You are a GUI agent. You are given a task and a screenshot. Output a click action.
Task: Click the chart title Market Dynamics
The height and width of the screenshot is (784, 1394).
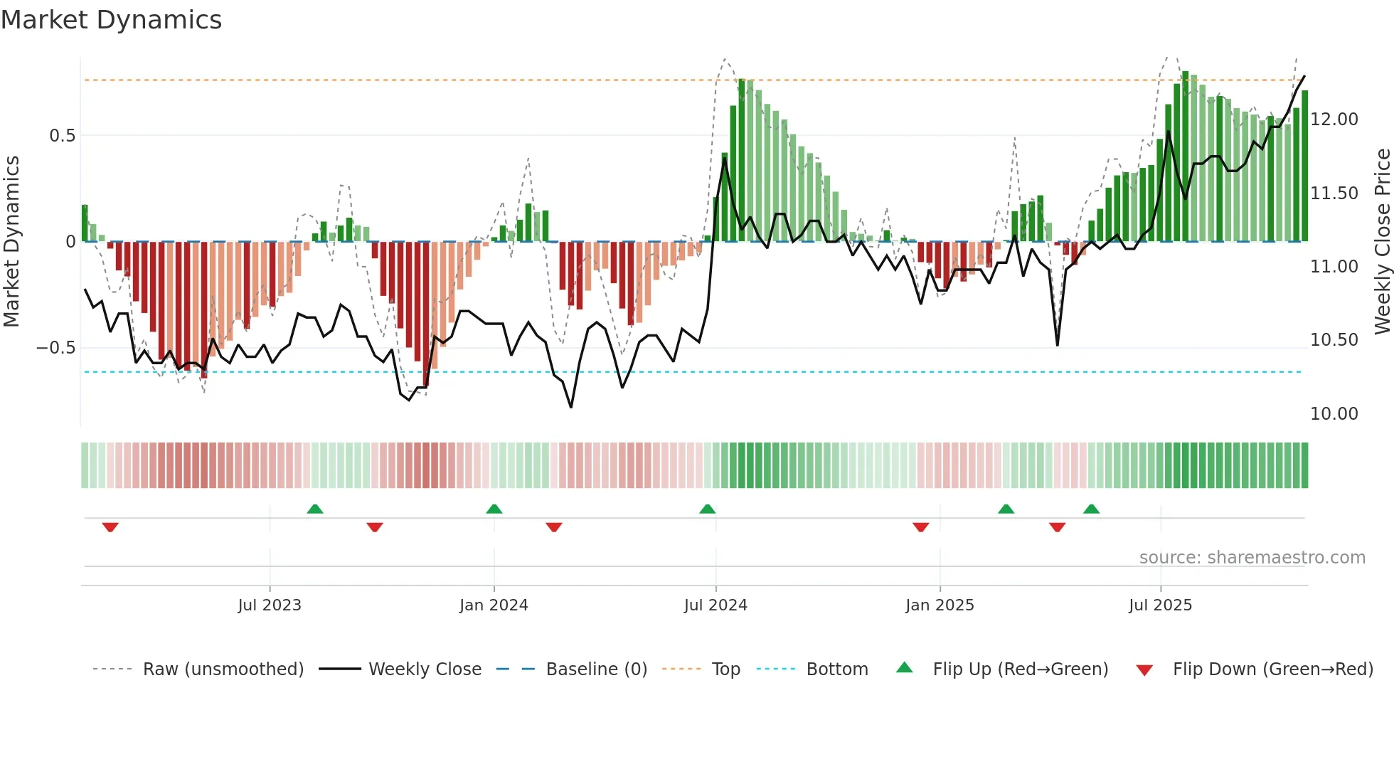tap(111, 20)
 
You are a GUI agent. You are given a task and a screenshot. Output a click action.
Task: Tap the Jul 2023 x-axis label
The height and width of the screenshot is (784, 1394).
tap(270, 605)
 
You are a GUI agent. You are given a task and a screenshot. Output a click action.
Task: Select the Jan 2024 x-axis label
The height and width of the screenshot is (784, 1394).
tap(494, 605)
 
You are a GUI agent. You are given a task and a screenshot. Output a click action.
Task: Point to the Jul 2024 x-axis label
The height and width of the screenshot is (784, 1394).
tap(715, 605)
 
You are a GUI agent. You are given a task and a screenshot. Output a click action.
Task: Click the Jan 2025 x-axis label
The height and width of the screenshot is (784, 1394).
tap(940, 605)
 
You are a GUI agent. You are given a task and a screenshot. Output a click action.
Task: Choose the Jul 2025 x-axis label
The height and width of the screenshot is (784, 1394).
tap(1160, 605)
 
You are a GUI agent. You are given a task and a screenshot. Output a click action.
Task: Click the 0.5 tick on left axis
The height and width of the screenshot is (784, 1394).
tap(62, 136)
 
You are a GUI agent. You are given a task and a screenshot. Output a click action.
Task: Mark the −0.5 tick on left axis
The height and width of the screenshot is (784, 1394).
tap(56, 348)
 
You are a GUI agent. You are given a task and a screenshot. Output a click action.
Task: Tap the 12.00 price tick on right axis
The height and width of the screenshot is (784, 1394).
tap(1334, 120)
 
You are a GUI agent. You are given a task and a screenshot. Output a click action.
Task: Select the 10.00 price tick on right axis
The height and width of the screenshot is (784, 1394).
tap(1334, 414)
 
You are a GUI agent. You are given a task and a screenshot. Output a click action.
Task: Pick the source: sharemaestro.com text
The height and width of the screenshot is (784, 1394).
tap(1252, 558)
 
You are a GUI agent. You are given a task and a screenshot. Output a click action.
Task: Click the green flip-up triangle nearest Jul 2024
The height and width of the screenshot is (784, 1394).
tap(707, 509)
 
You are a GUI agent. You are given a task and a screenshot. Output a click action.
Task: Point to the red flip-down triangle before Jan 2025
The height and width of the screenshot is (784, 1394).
tap(920, 527)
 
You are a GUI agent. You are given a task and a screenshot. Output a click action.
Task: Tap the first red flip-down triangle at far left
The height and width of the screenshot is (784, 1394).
tap(110, 527)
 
